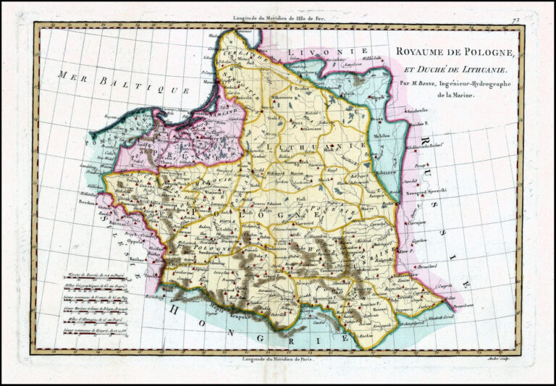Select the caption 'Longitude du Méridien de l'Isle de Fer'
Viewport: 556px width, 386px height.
coord(279,17)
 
